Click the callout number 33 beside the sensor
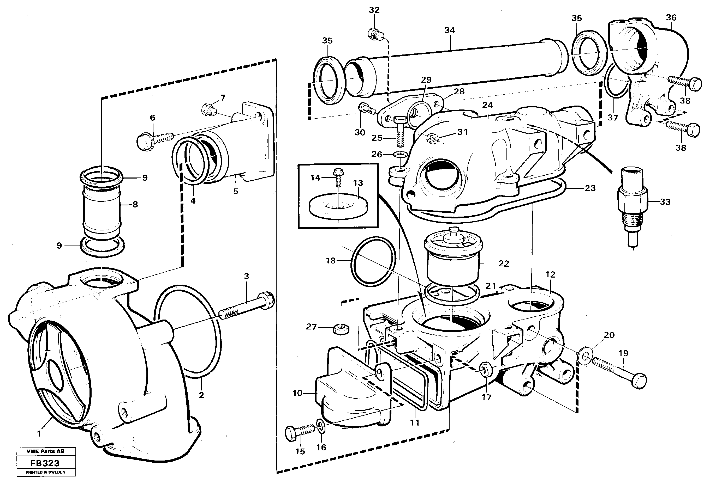point(665,202)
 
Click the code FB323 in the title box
point(45,463)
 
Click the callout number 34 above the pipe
point(449,30)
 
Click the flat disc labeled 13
point(338,206)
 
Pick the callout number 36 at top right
point(671,18)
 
